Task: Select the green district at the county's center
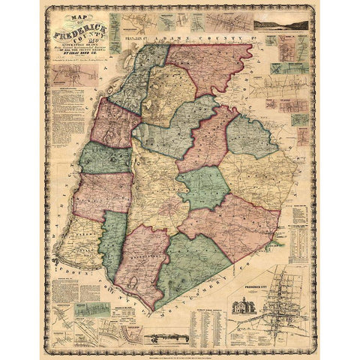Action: [x=202, y=187]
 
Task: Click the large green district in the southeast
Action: [x=196, y=262]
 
